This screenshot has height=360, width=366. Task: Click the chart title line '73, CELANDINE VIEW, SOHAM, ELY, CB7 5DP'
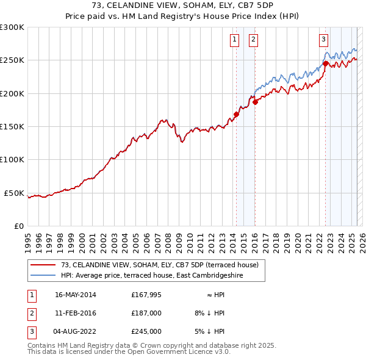(183, 5)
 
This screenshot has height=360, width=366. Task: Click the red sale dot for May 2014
(236, 114)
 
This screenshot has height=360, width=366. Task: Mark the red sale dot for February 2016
(255, 102)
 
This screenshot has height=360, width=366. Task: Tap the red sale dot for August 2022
(325, 63)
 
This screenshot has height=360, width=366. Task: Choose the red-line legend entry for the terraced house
(160, 265)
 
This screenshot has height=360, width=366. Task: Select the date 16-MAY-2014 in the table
(75, 295)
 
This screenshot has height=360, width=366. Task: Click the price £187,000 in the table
(146, 313)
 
